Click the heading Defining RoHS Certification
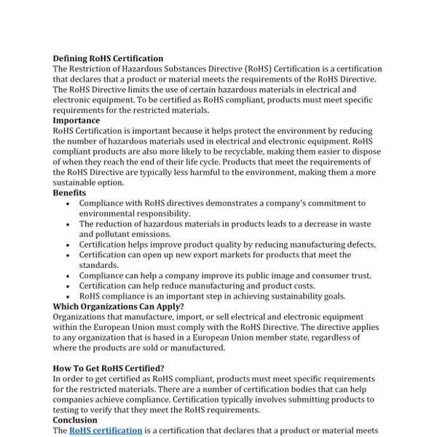(108, 59)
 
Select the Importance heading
(76, 121)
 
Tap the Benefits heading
(69, 193)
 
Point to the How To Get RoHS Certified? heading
(110, 369)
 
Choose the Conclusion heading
(75, 420)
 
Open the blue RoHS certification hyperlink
(106, 430)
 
